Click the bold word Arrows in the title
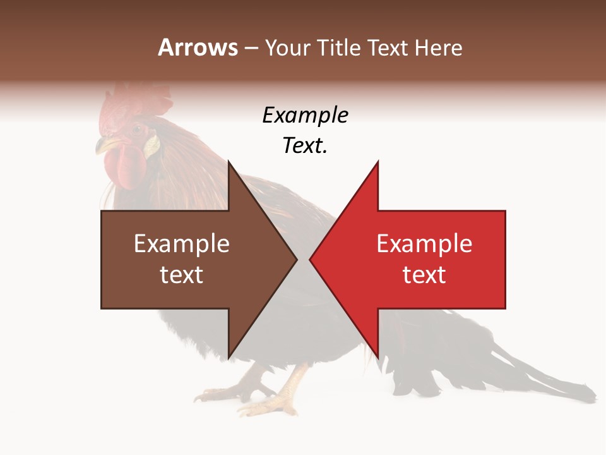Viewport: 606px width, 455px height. (x=198, y=47)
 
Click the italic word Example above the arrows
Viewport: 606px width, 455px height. (x=305, y=116)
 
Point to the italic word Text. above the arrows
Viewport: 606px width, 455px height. (x=305, y=146)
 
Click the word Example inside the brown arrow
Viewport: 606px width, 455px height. (x=182, y=244)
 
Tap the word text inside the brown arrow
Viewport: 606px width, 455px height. (x=182, y=275)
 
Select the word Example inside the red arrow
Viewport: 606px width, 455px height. (x=424, y=244)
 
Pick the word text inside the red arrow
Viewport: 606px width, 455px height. (x=424, y=275)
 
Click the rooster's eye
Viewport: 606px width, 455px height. (x=136, y=130)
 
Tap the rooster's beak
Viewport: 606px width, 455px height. (x=103, y=147)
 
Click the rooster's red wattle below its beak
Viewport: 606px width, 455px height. (x=121, y=167)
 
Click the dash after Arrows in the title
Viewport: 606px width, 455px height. (x=250, y=48)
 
